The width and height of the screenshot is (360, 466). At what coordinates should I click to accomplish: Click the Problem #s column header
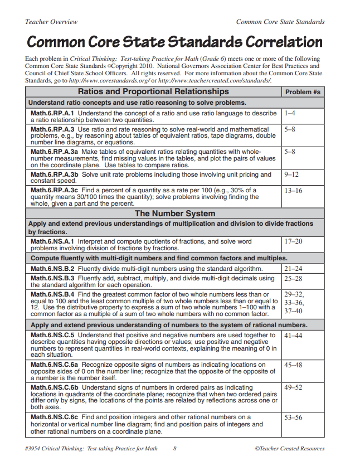(x=303, y=92)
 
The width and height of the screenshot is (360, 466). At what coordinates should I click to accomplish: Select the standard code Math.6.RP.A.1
(x=53, y=113)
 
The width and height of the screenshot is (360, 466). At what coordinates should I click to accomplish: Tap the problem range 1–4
(x=289, y=113)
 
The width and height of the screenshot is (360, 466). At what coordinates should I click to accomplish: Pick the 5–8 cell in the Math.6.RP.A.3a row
(x=289, y=152)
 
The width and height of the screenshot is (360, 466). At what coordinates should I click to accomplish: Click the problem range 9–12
(x=291, y=174)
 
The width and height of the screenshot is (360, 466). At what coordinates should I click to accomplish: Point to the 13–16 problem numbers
(x=293, y=190)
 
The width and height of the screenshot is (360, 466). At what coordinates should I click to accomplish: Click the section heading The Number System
(x=175, y=213)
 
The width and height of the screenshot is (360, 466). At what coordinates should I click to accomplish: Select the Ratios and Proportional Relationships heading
(x=153, y=91)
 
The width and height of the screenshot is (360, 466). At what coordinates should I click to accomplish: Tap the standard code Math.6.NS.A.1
(x=53, y=241)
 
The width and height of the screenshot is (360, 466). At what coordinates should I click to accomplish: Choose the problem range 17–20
(x=293, y=241)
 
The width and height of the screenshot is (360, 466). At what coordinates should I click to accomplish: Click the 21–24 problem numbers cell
(x=293, y=269)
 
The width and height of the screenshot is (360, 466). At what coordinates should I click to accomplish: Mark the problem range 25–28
(x=293, y=278)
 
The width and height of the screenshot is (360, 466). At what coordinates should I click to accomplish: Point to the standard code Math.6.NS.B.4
(x=53, y=294)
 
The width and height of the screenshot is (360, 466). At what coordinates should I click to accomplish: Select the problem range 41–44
(x=293, y=336)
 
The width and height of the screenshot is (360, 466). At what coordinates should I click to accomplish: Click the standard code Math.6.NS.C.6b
(x=55, y=387)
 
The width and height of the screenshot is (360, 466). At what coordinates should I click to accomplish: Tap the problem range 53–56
(x=293, y=417)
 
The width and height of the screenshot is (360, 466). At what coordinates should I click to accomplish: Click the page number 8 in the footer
(x=175, y=448)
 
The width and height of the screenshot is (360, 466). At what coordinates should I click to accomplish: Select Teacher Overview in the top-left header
(x=51, y=22)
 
